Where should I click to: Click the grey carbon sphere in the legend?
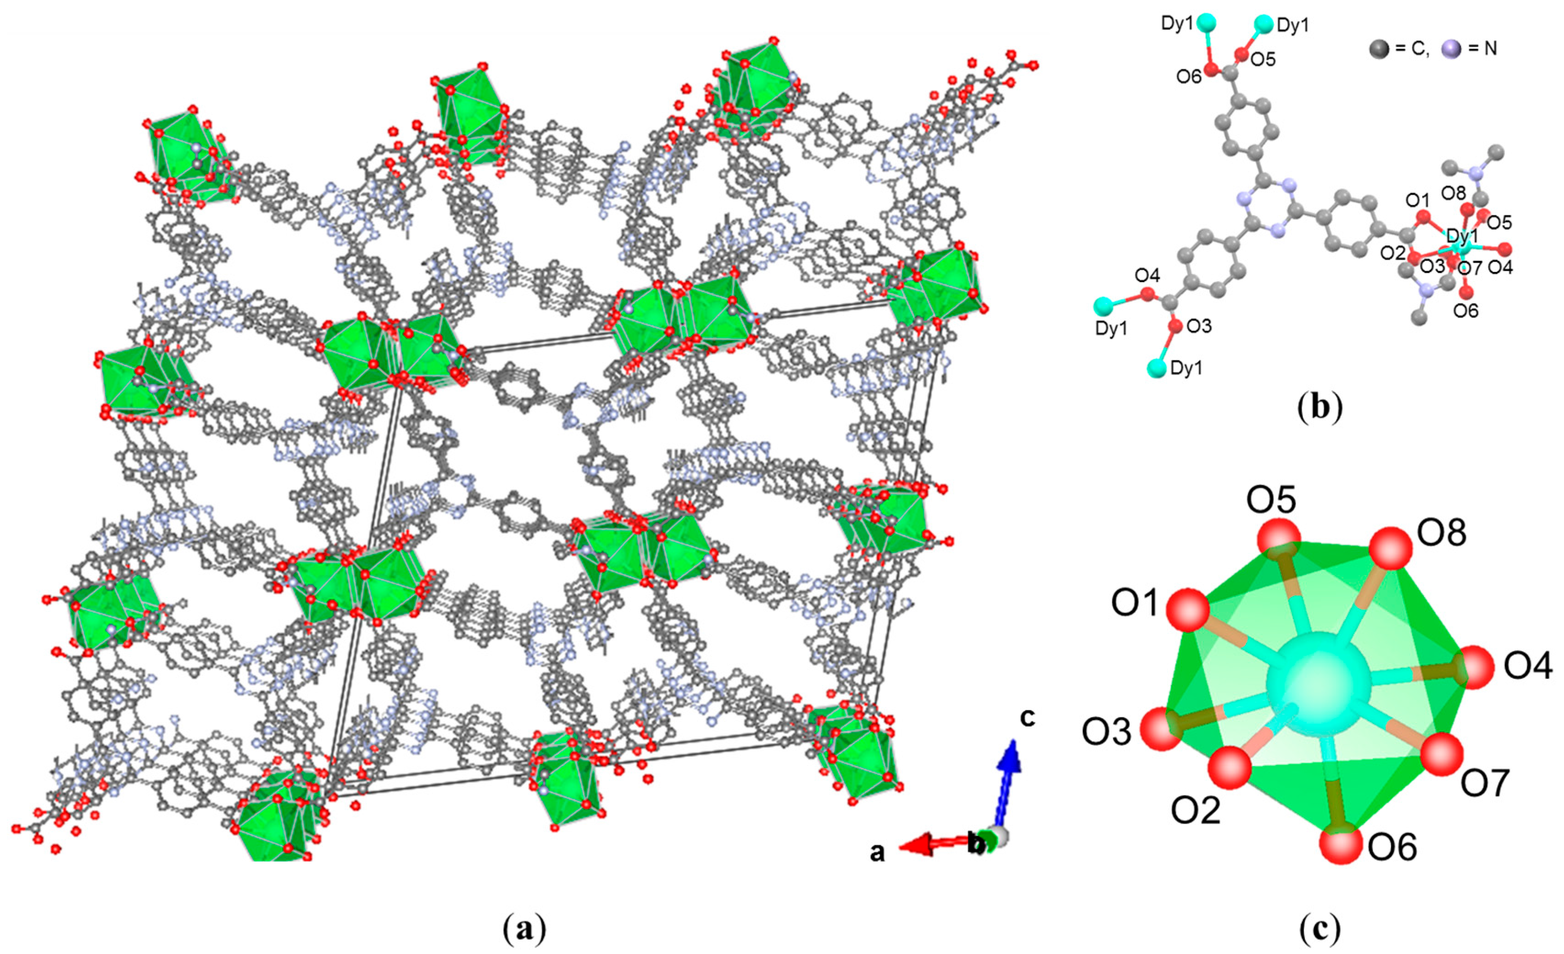[x=1378, y=48]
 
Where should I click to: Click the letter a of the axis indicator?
[x=877, y=853]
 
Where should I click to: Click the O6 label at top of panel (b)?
[x=1188, y=77]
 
